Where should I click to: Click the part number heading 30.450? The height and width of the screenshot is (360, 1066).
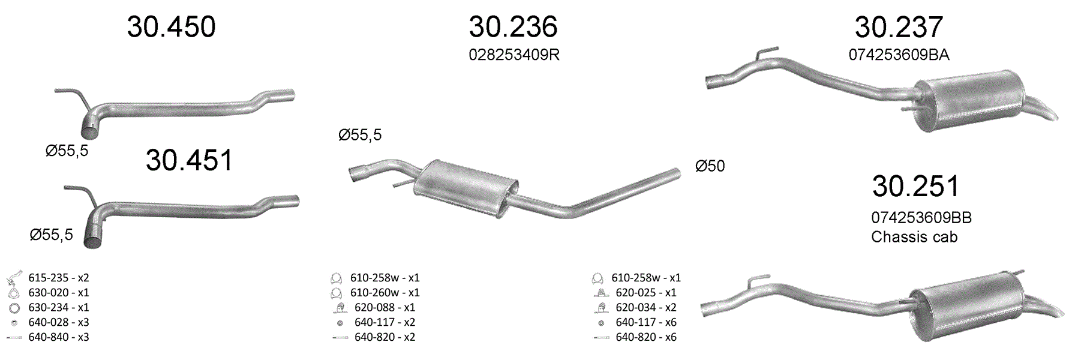(x=171, y=27)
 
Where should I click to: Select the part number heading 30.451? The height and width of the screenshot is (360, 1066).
(x=189, y=160)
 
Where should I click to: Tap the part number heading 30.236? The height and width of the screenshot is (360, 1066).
(x=513, y=27)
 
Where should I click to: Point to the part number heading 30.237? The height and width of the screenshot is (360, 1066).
(x=899, y=27)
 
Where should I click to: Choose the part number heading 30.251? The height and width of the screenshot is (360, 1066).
(x=915, y=186)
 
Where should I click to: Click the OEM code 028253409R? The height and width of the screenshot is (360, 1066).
(x=514, y=55)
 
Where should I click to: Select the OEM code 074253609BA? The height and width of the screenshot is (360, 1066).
(x=899, y=55)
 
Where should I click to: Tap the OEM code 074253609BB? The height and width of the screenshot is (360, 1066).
(x=921, y=218)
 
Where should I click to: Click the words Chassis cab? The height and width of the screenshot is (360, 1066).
(x=914, y=237)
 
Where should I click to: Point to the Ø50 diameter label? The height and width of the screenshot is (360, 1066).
(x=710, y=166)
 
